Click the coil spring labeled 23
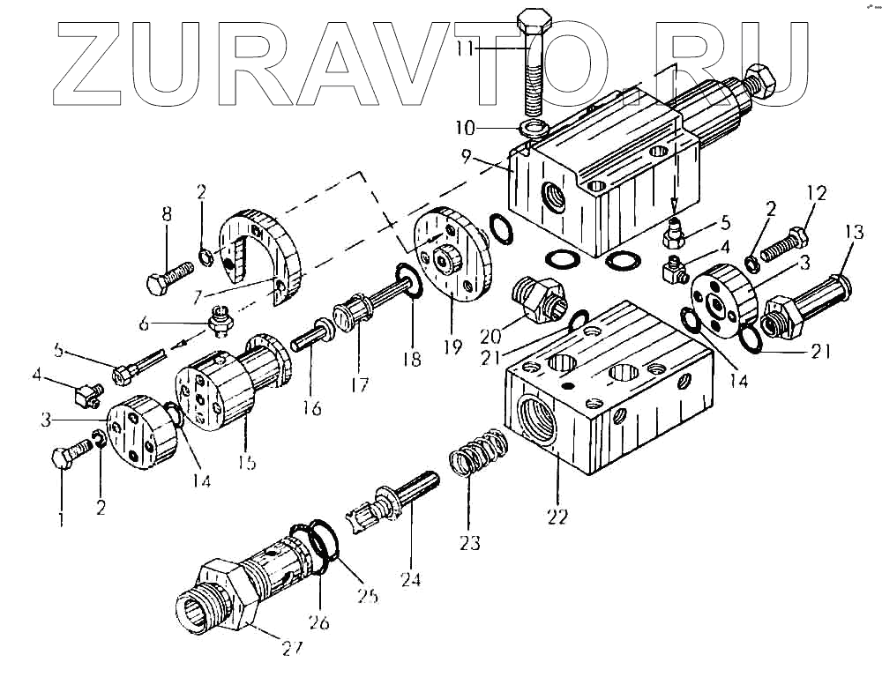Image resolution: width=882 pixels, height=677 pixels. tap(477, 454)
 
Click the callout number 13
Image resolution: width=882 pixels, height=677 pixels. tap(852, 232)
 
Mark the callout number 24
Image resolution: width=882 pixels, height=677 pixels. tap(411, 579)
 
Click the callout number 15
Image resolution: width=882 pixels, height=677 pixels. tap(248, 462)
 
